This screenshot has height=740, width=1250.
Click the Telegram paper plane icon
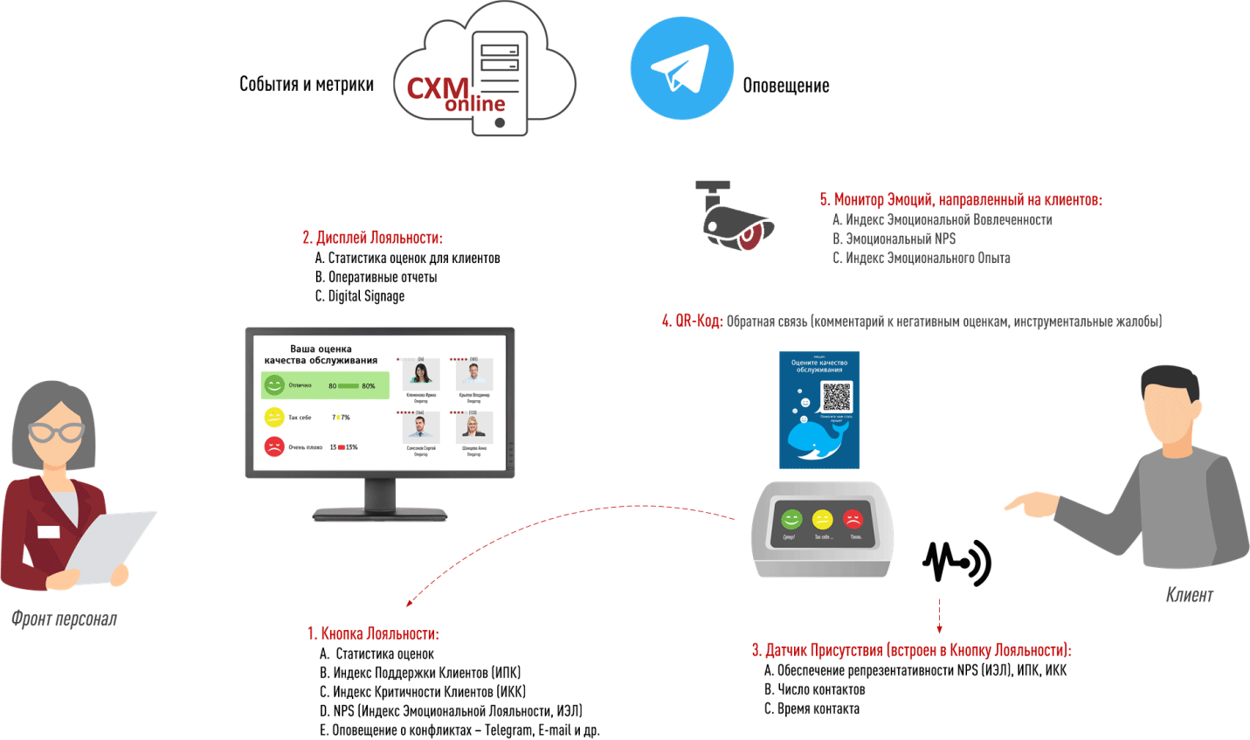coord(681,68)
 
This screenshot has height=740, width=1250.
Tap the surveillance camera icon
coord(735,216)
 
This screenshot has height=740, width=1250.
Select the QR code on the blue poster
coord(836,396)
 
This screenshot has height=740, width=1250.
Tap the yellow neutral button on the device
coord(822,521)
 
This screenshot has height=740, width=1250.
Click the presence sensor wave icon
coord(956,562)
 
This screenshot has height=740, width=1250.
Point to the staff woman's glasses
coord(56,432)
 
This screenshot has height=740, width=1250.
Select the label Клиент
coord(1189,595)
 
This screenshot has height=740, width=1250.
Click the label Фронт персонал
coord(64,619)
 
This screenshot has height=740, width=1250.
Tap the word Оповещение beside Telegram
coord(785,86)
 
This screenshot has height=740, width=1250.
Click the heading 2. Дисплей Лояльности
coord(372,238)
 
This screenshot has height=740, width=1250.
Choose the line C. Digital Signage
coord(360,296)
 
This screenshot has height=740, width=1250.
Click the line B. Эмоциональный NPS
coord(894,239)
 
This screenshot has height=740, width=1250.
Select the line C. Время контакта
coord(811,709)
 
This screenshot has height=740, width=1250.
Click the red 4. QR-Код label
coord(692,322)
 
